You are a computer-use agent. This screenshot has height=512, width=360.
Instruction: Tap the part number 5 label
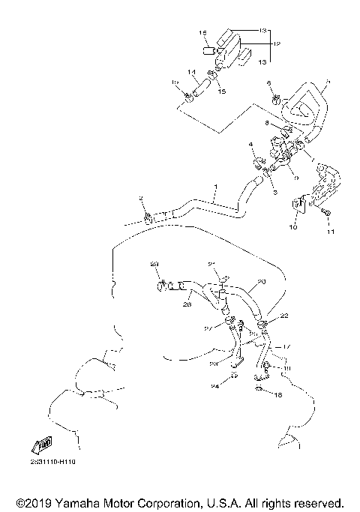(326, 82)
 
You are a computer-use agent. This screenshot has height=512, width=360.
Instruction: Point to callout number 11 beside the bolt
(328, 232)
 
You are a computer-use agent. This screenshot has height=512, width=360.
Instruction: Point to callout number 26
(189, 304)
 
